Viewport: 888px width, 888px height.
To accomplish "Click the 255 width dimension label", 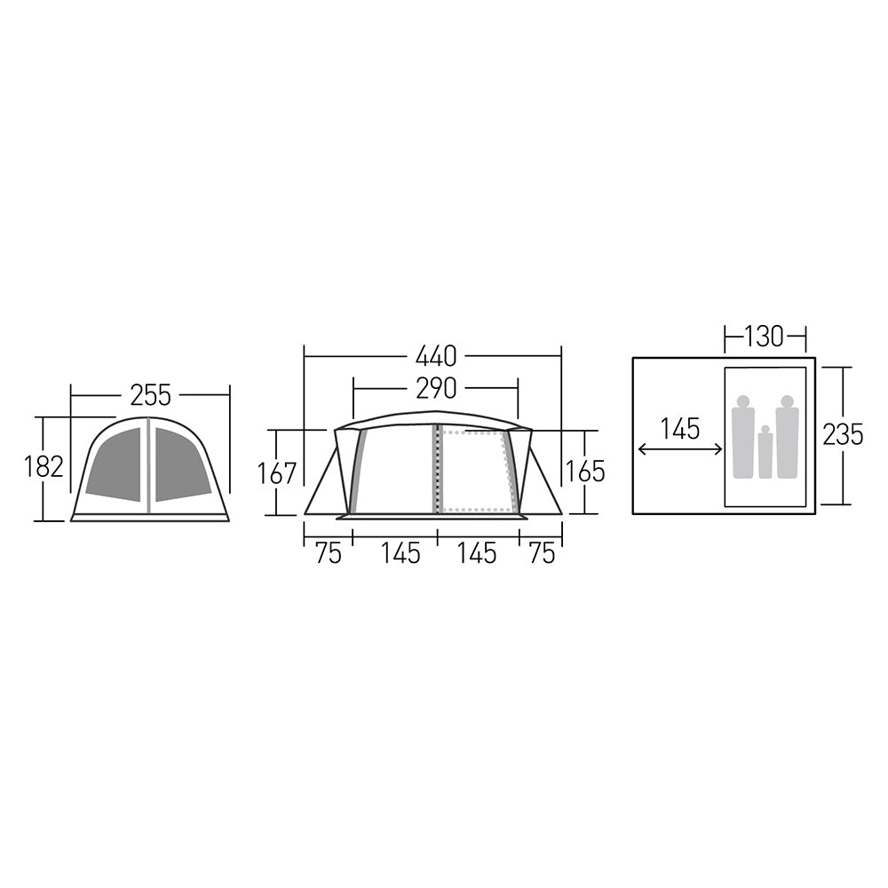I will click(150, 394).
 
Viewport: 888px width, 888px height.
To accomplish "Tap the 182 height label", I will click(44, 466).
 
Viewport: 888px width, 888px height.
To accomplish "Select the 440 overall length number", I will click(435, 356).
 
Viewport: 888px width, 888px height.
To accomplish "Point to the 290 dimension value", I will click(435, 388).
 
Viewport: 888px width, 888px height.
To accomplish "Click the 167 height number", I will click(277, 472).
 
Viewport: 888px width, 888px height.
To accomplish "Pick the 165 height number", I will click(585, 471).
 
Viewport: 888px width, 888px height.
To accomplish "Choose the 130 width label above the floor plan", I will click(765, 337).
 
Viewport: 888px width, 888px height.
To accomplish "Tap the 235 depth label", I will click(843, 434).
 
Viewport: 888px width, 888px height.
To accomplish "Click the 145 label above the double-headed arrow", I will click(680, 428).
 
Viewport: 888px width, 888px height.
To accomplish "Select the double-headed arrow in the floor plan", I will click(680, 450).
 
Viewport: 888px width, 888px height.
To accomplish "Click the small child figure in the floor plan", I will click(765, 453).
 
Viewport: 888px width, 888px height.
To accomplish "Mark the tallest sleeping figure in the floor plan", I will click(787, 438).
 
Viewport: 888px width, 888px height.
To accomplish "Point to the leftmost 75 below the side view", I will click(328, 553).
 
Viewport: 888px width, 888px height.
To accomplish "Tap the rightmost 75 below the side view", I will click(541, 553).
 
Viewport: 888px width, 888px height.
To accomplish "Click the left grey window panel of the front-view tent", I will click(115, 464).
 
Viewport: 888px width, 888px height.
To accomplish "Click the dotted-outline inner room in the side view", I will click(474, 471).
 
